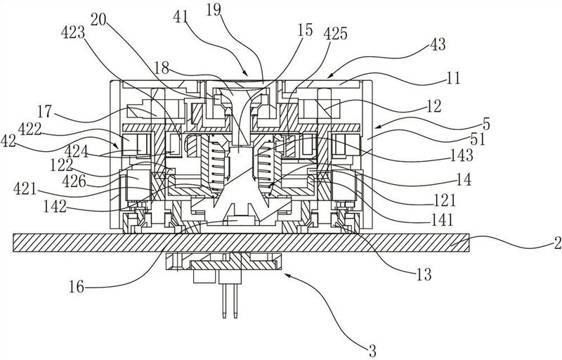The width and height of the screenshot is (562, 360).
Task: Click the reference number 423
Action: (73, 33)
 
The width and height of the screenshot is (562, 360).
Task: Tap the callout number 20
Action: (98, 20)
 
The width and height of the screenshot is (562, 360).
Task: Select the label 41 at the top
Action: (181, 16)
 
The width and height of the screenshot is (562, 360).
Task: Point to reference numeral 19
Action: (214, 10)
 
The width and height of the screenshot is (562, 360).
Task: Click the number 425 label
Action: (336, 34)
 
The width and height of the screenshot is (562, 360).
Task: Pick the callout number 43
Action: (438, 44)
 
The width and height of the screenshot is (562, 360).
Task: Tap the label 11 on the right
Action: (453, 78)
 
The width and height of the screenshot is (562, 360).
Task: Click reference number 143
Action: (462, 156)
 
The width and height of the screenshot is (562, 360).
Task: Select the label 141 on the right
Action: (443, 219)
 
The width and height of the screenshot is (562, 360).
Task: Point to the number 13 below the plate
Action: (424, 275)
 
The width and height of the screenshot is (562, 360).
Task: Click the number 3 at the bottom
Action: (373, 352)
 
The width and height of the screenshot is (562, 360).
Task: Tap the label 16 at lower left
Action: (77, 287)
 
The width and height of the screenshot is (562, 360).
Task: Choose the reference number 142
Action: (55, 207)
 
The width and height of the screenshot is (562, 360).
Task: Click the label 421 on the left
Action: (25, 188)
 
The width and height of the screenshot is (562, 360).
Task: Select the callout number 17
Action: (45, 111)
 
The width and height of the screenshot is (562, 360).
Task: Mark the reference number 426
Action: (74, 181)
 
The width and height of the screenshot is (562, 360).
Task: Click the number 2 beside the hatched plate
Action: (557, 244)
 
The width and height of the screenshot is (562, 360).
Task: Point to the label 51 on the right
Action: (478, 139)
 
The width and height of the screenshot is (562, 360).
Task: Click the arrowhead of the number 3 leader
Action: (285, 275)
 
